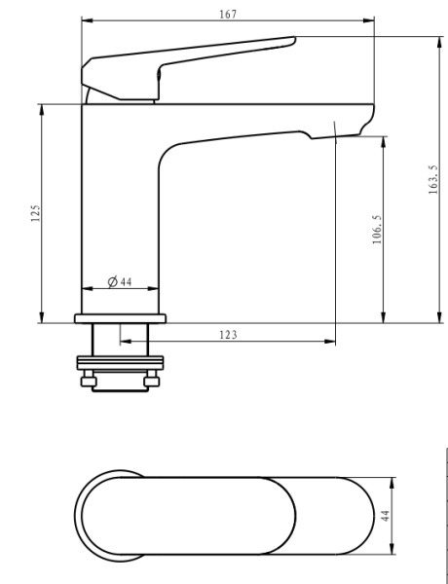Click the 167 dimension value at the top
pyautogui.click(x=228, y=15)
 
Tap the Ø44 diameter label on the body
pyautogui.click(x=120, y=281)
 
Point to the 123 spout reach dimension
pyautogui.click(x=228, y=334)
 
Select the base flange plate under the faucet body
pyautogui.click(x=120, y=318)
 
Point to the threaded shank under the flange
pyautogui.click(x=120, y=341)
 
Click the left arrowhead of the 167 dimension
pyautogui.click(x=85, y=20)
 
